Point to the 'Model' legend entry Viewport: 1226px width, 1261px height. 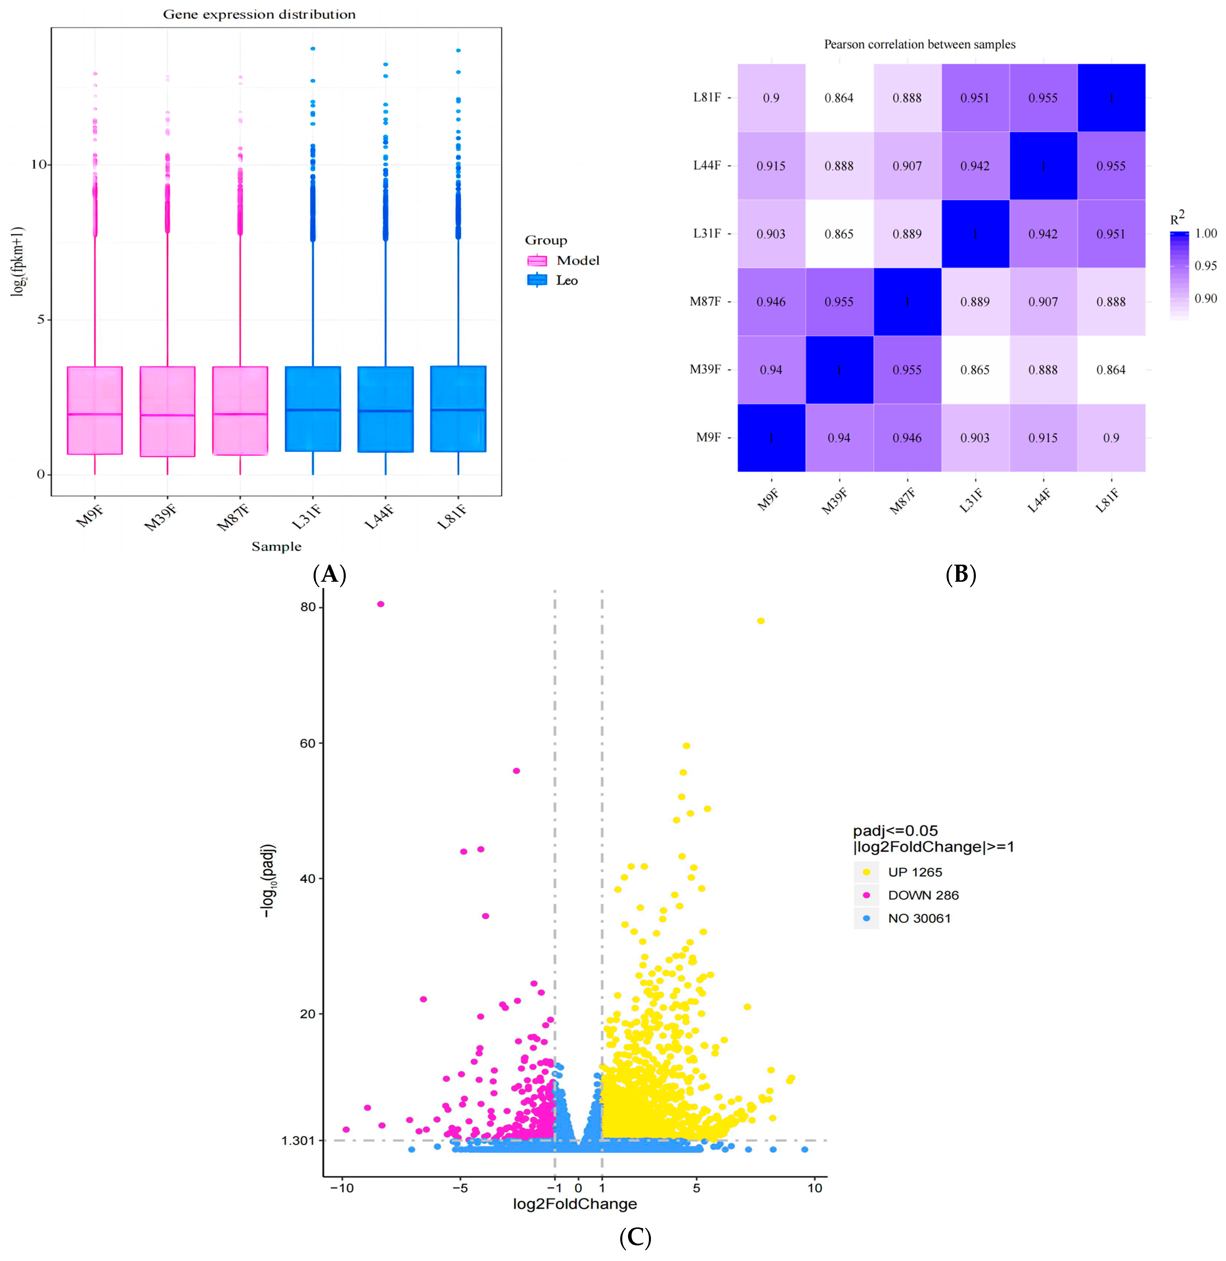[x=578, y=260]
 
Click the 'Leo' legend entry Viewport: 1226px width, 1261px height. [x=567, y=280]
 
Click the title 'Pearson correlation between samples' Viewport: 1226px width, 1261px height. [x=920, y=44]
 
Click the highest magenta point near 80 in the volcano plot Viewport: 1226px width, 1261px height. [x=380, y=604]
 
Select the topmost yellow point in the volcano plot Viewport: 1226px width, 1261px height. [x=760, y=621]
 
